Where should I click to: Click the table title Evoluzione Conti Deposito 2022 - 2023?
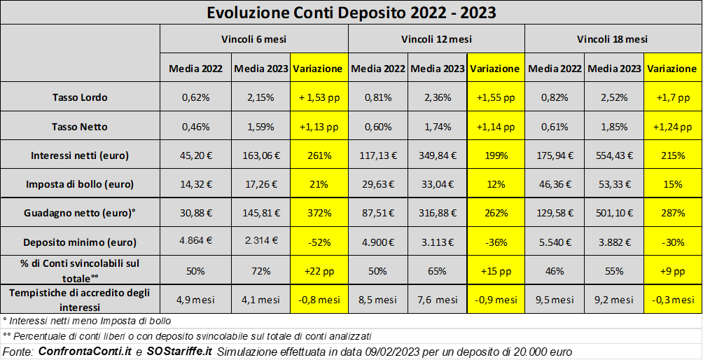pos(351,13)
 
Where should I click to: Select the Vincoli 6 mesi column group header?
pos(253,39)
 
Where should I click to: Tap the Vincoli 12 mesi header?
pos(436,39)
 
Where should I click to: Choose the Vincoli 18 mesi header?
pos(613,39)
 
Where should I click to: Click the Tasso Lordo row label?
pos(80,97)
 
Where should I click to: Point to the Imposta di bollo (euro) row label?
pos(80,184)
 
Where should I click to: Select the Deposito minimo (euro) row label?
pos(80,242)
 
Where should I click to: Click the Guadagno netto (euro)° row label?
pos(80,213)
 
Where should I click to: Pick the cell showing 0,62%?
pos(195,97)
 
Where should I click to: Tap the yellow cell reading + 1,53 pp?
pos(318,97)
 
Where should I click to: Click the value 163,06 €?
pos(260,155)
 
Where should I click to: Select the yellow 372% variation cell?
pos(318,213)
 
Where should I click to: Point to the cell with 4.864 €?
pos(195,242)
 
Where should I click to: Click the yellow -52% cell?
pos(318,242)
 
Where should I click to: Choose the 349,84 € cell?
pos(437,155)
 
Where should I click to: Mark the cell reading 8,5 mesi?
pos(377,300)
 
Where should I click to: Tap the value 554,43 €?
pos(613,155)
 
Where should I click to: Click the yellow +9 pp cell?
pos(671,271)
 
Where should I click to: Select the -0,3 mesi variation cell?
pos(671,300)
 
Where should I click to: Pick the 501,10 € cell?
pos(613,213)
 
